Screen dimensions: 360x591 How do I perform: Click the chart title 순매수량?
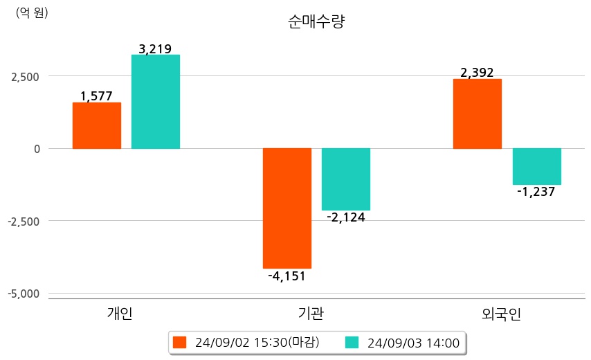click(316, 21)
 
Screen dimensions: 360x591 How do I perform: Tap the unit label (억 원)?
click(32, 12)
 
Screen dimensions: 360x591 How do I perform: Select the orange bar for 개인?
click(97, 125)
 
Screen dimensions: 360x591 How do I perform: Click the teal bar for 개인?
click(156, 102)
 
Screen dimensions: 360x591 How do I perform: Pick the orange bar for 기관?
click(287, 208)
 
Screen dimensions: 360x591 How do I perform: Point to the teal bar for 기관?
click(346, 179)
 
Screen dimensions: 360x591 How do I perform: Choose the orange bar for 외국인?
click(478, 114)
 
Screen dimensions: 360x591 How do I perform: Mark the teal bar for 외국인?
click(536, 166)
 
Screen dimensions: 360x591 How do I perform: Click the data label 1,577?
click(96, 96)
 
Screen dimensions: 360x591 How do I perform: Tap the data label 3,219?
click(155, 48)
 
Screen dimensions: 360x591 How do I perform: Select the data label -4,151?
click(287, 276)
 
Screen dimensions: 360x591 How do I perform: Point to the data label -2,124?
click(345, 217)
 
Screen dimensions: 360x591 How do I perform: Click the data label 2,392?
click(477, 73)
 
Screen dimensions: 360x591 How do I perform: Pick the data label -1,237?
click(536, 192)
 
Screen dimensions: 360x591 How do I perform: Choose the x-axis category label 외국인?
click(501, 314)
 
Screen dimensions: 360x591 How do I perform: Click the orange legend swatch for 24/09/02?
click(180, 342)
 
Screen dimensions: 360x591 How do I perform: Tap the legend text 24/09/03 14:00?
click(413, 342)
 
